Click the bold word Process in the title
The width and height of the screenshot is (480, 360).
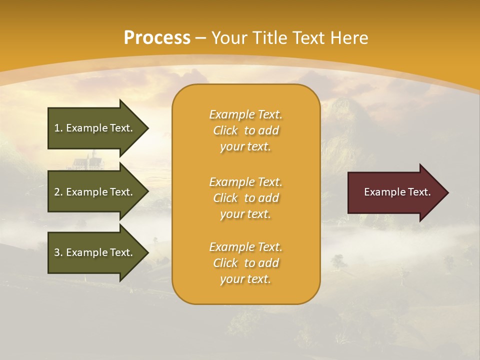(x=156, y=38)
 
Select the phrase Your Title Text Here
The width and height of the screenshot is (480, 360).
(x=289, y=38)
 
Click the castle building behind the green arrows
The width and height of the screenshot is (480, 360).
(x=88, y=160)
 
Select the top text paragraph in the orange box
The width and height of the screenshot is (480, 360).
(x=245, y=130)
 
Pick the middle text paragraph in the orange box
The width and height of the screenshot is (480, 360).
(x=245, y=198)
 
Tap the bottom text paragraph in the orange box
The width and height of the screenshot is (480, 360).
(x=245, y=263)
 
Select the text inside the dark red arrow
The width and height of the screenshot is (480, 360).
(x=397, y=192)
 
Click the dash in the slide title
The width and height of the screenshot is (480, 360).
(x=200, y=38)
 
